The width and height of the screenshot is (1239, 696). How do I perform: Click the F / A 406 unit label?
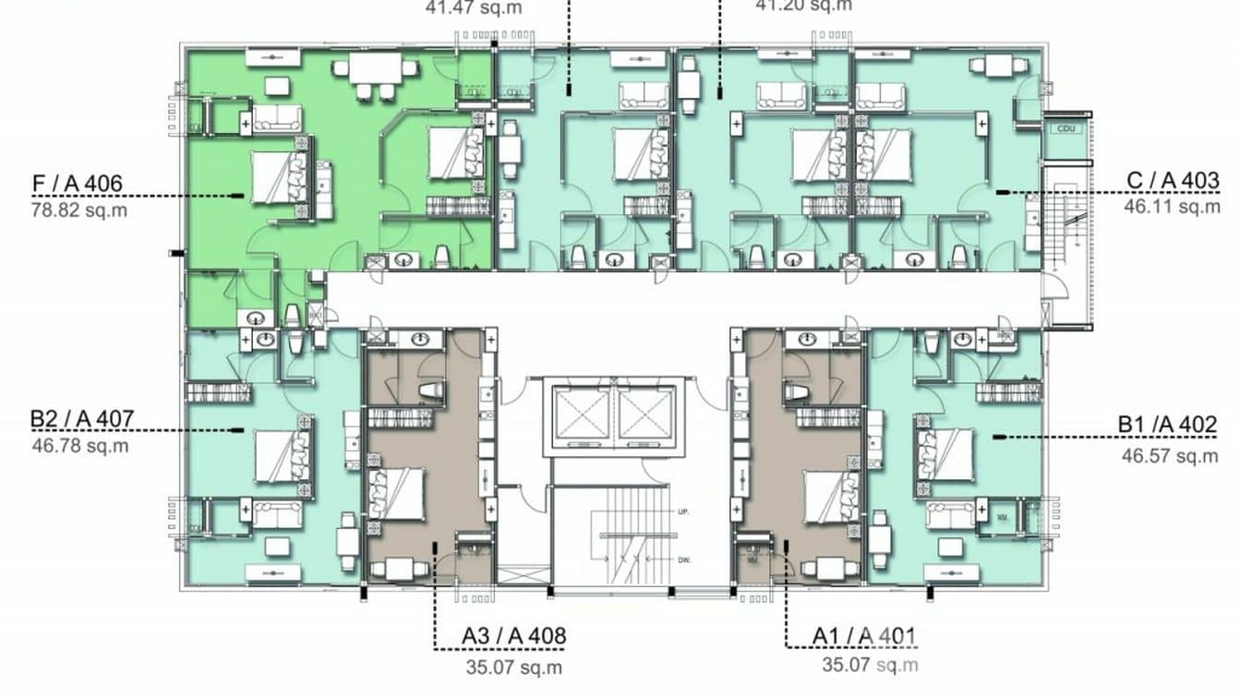(x=77, y=184)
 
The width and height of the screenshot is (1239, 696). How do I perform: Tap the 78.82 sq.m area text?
(x=79, y=210)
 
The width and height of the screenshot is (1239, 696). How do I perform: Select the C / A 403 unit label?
(x=1173, y=180)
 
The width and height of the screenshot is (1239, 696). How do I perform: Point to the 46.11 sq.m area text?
(x=1172, y=206)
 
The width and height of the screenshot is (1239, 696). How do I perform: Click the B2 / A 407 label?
(x=81, y=420)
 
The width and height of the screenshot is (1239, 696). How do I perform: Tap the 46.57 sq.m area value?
(x=1170, y=455)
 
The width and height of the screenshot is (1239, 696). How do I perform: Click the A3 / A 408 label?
(x=513, y=636)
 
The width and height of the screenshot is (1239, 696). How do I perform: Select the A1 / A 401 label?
(x=864, y=636)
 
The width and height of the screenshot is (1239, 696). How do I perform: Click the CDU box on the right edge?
(x=1066, y=127)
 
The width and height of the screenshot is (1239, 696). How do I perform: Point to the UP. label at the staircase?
(x=683, y=511)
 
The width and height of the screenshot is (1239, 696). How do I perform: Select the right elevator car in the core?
(x=647, y=412)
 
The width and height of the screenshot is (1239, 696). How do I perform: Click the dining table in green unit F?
(x=375, y=69)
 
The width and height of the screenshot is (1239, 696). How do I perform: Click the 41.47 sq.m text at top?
(x=460, y=7)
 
